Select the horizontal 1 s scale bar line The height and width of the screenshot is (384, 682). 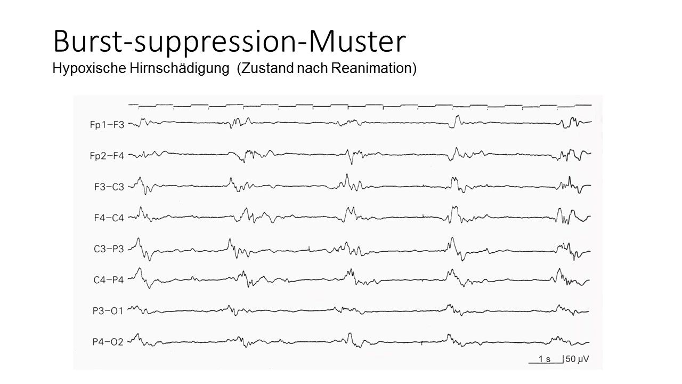pos(545,363)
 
